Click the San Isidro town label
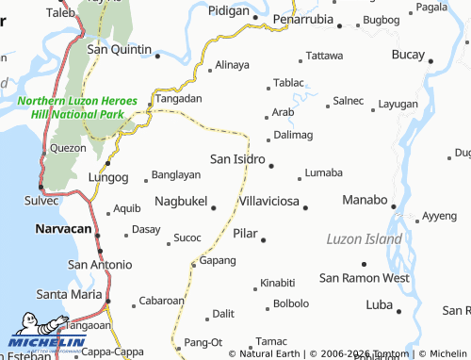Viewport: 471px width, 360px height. click(x=236, y=159)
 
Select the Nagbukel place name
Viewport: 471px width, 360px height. click(x=180, y=202)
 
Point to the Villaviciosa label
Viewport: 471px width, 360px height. click(x=268, y=203)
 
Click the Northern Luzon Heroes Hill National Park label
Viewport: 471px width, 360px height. click(x=77, y=106)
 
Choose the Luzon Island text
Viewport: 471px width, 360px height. click(x=364, y=239)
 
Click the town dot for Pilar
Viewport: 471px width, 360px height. click(x=263, y=239)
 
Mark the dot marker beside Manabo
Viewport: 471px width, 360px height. click(x=394, y=207)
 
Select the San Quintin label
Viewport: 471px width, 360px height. click(x=120, y=50)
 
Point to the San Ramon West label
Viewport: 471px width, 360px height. click(x=364, y=278)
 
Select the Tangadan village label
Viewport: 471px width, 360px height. click(x=178, y=98)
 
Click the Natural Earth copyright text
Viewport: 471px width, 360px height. click(x=270, y=353)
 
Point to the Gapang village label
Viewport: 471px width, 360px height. click(x=218, y=260)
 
